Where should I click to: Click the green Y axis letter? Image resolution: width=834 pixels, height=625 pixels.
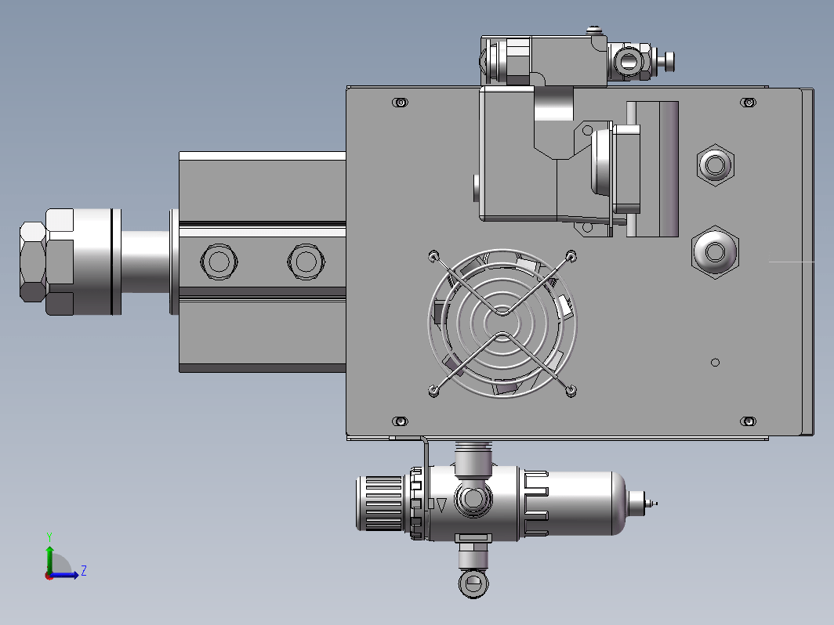pos(49,536)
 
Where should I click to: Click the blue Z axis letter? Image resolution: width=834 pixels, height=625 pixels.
pos(84,571)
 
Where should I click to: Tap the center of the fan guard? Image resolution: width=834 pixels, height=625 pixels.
pos(502,323)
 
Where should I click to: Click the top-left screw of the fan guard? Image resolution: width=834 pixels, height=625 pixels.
pos(433,256)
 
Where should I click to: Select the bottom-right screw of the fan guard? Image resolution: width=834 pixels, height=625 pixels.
pos(571,391)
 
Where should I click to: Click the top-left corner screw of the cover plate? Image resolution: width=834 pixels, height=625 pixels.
pos(400,102)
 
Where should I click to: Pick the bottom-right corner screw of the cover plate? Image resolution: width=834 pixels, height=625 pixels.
pos(749,421)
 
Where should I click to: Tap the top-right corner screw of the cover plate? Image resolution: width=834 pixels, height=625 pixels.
pos(749,102)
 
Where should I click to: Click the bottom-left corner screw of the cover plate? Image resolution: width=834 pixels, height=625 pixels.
pos(400,421)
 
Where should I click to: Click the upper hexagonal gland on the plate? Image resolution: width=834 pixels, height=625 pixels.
pos(716,164)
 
